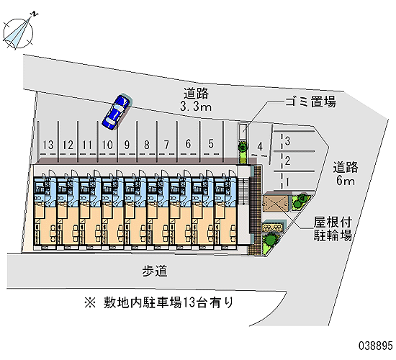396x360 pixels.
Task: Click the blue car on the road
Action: pos(116,112)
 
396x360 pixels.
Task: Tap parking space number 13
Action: pos(48,145)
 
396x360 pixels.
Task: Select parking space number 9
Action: pos(127,145)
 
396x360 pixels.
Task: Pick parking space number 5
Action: pos(211,143)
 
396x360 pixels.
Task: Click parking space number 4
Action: pos(260,146)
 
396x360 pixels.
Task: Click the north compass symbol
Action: pos(18,33)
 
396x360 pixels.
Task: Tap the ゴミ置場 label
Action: pos(310,102)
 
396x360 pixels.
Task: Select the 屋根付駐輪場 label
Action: pos(333,229)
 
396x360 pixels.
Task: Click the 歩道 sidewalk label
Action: pos(155,271)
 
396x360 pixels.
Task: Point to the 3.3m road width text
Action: pos(196,107)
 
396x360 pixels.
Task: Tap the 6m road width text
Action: pos(345,181)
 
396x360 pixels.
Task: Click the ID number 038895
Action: pos(376,346)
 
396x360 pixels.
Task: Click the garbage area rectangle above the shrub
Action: pos(243,132)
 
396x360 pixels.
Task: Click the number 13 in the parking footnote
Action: pos(189,302)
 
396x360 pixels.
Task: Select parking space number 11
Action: pos(87,145)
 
